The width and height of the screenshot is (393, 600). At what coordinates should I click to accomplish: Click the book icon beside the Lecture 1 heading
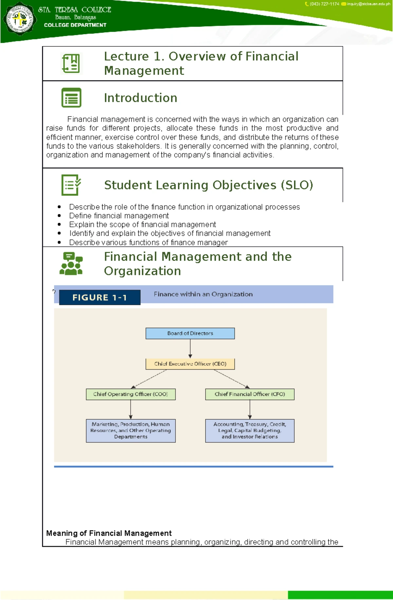tap(71, 63)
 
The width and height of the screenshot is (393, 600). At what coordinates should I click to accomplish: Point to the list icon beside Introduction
tap(71, 97)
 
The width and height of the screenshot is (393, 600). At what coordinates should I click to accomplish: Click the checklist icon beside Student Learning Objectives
tap(71, 185)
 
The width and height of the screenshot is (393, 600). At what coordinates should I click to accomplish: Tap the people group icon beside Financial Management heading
tap(71, 264)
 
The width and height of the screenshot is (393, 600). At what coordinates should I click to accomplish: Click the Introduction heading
tap(140, 98)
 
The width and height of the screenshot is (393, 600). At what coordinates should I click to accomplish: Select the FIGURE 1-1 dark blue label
tap(100, 297)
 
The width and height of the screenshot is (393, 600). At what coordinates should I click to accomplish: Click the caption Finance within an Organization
tap(203, 294)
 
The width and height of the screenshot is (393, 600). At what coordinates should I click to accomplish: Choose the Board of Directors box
tap(190, 333)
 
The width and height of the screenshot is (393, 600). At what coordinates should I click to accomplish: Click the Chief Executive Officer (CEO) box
tap(190, 364)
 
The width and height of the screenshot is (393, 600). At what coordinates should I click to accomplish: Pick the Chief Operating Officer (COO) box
tap(131, 394)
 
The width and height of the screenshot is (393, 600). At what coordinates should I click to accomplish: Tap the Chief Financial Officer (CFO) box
tap(250, 394)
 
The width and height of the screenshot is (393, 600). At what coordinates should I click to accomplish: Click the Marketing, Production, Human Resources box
tap(131, 431)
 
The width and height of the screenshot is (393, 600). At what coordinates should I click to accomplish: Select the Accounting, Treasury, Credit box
tap(250, 431)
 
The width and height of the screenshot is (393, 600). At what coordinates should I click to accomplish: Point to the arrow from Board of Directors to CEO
tap(190, 349)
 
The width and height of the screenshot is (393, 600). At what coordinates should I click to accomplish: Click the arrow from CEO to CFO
tap(232, 379)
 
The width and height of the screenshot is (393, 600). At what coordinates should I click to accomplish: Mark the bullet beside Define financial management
tap(59, 215)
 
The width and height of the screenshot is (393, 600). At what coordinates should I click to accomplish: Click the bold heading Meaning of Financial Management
tap(109, 533)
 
